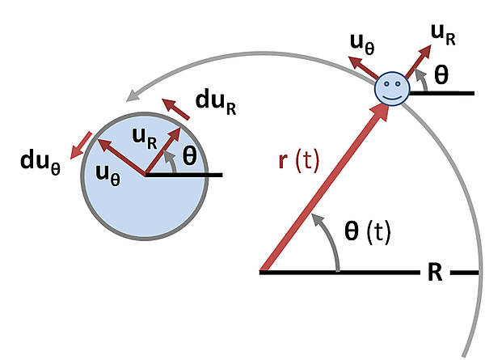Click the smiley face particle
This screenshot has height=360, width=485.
click(x=392, y=88)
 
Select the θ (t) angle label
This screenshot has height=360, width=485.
click(x=366, y=232)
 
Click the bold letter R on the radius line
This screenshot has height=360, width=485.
click(x=434, y=272)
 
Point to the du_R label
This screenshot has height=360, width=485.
click(x=216, y=102)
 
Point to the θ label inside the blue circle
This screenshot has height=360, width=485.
click(x=188, y=156)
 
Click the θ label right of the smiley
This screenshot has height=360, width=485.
click(x=441, y=74)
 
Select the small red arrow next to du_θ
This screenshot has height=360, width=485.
click(x=78, y=146)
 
